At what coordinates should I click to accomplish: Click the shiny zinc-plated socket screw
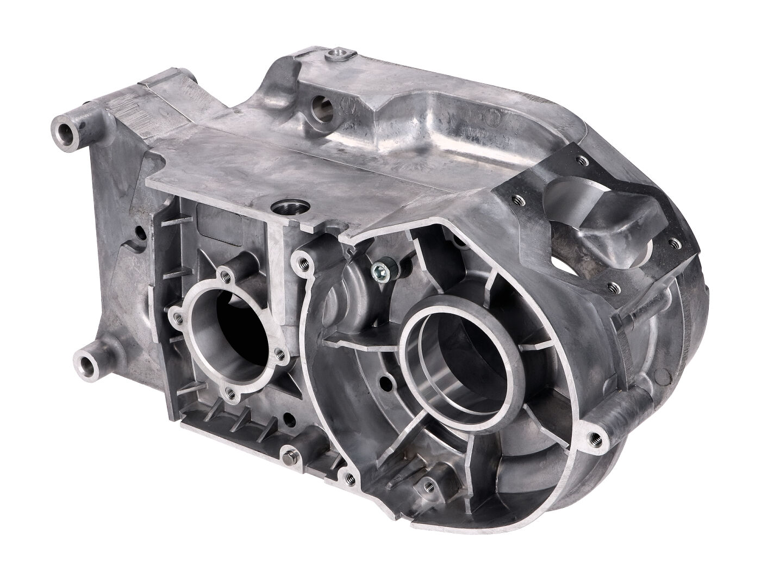click(x=375, y=269)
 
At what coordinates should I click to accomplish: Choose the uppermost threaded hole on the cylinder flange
click(x=582, y=160)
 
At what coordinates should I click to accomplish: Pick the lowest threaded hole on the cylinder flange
click(x=614, y=284)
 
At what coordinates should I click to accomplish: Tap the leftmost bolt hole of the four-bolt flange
click(x=176, y=314)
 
